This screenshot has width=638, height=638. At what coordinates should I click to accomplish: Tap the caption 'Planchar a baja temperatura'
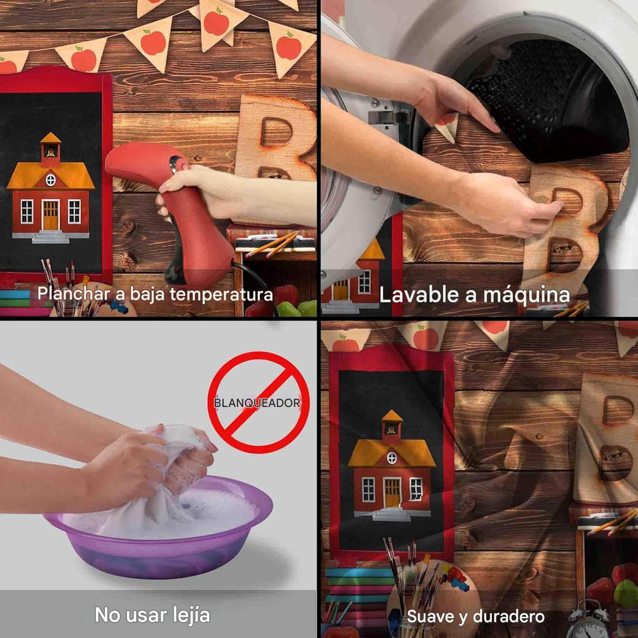point(155,293)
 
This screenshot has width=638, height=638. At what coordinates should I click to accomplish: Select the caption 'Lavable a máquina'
point(475,294)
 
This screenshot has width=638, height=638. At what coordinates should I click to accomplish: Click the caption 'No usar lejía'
point(152,615)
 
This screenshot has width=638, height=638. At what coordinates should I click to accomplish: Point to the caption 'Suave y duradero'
point(475,617)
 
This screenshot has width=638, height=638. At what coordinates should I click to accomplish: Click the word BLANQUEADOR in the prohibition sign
point(257,403)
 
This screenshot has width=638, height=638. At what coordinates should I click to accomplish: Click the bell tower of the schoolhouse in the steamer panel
point(50,148)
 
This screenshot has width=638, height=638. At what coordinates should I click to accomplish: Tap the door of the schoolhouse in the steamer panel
point(50,216)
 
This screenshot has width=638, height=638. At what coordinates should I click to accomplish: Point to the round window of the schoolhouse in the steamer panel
point(50,180)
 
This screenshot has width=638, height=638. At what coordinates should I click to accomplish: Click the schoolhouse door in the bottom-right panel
point(392,492)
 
